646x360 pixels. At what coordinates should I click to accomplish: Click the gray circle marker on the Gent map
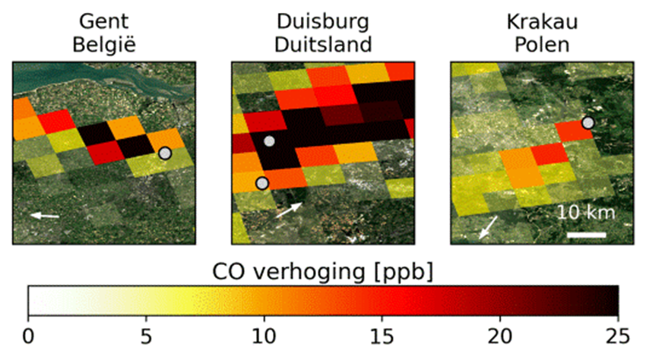pyautogui.click(x=165, y=153)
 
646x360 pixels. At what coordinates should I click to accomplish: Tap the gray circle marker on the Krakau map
pyautogui.click(x=587, y=123)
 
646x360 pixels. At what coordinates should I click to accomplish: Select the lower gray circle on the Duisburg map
pyautogui.click(x=262, y=183)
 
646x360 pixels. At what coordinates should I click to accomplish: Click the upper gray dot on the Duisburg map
pyautogui.click(x=268, y=141)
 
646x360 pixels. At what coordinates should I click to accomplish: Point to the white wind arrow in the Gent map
pyautogui.click(x=44, y=216)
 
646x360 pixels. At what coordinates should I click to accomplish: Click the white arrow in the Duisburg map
pyautogui.click(x=289, y=210)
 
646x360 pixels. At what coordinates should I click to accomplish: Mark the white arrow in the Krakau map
pyautogui.click(x=489, y=226)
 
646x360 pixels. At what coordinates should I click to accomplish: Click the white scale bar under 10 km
pyautogui.click(x=586, y=234)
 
